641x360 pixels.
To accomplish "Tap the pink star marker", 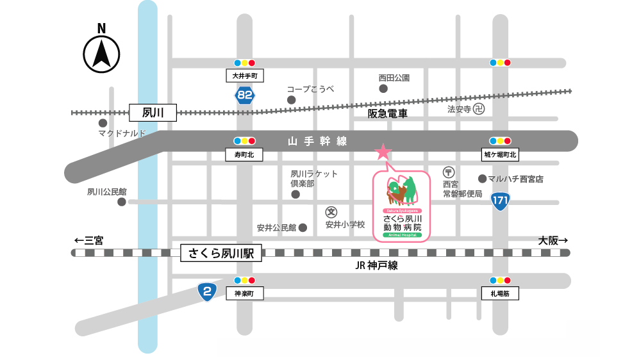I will pos(383,152).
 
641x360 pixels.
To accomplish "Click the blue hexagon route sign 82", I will pos(244,96).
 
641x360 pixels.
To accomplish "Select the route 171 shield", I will pos(501,201).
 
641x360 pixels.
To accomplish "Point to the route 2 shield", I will pos(206,292).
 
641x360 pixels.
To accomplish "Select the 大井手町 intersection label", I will pos(244,76).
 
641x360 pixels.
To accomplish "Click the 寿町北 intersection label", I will pos(244,154).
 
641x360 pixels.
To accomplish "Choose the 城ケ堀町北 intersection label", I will pos(500,154).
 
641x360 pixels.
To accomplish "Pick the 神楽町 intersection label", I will pos(244,293).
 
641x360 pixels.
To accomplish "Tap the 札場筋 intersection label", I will pos(500,293).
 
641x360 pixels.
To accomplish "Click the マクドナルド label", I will pos(122,133).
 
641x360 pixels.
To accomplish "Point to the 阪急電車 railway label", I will pos(388,113).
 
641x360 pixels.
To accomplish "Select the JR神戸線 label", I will pos(376,265).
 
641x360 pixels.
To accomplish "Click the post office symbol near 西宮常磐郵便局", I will pos(449,172).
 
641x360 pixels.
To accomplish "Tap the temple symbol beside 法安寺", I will pos(479,110).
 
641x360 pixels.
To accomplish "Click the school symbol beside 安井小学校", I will pos(331,212).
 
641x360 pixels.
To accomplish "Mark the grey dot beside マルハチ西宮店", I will pos(482,179).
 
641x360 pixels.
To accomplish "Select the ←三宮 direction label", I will pos(88,241).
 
